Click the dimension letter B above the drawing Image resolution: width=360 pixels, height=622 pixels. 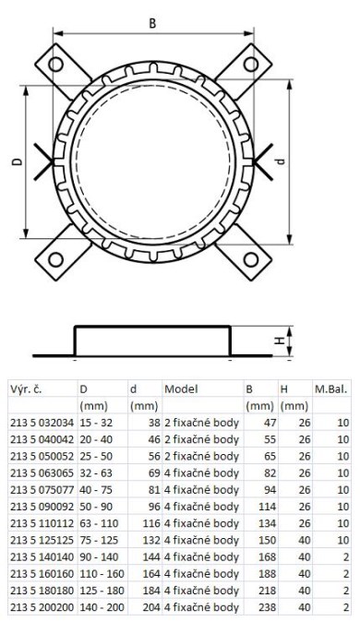point(152,23)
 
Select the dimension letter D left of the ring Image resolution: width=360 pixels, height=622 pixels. point(17,161)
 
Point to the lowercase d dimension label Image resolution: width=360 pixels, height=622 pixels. point(281,161)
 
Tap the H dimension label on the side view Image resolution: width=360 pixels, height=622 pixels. point(280,341)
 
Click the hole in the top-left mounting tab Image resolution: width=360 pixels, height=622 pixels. point(55,64)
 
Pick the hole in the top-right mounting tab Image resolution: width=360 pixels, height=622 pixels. point(250,64)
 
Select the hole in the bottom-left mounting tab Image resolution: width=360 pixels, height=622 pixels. point(55,260)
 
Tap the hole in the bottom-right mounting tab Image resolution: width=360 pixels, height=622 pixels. point(250,260)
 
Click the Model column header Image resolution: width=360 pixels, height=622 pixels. point(181,389)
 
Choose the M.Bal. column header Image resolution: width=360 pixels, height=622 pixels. point(331,389)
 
